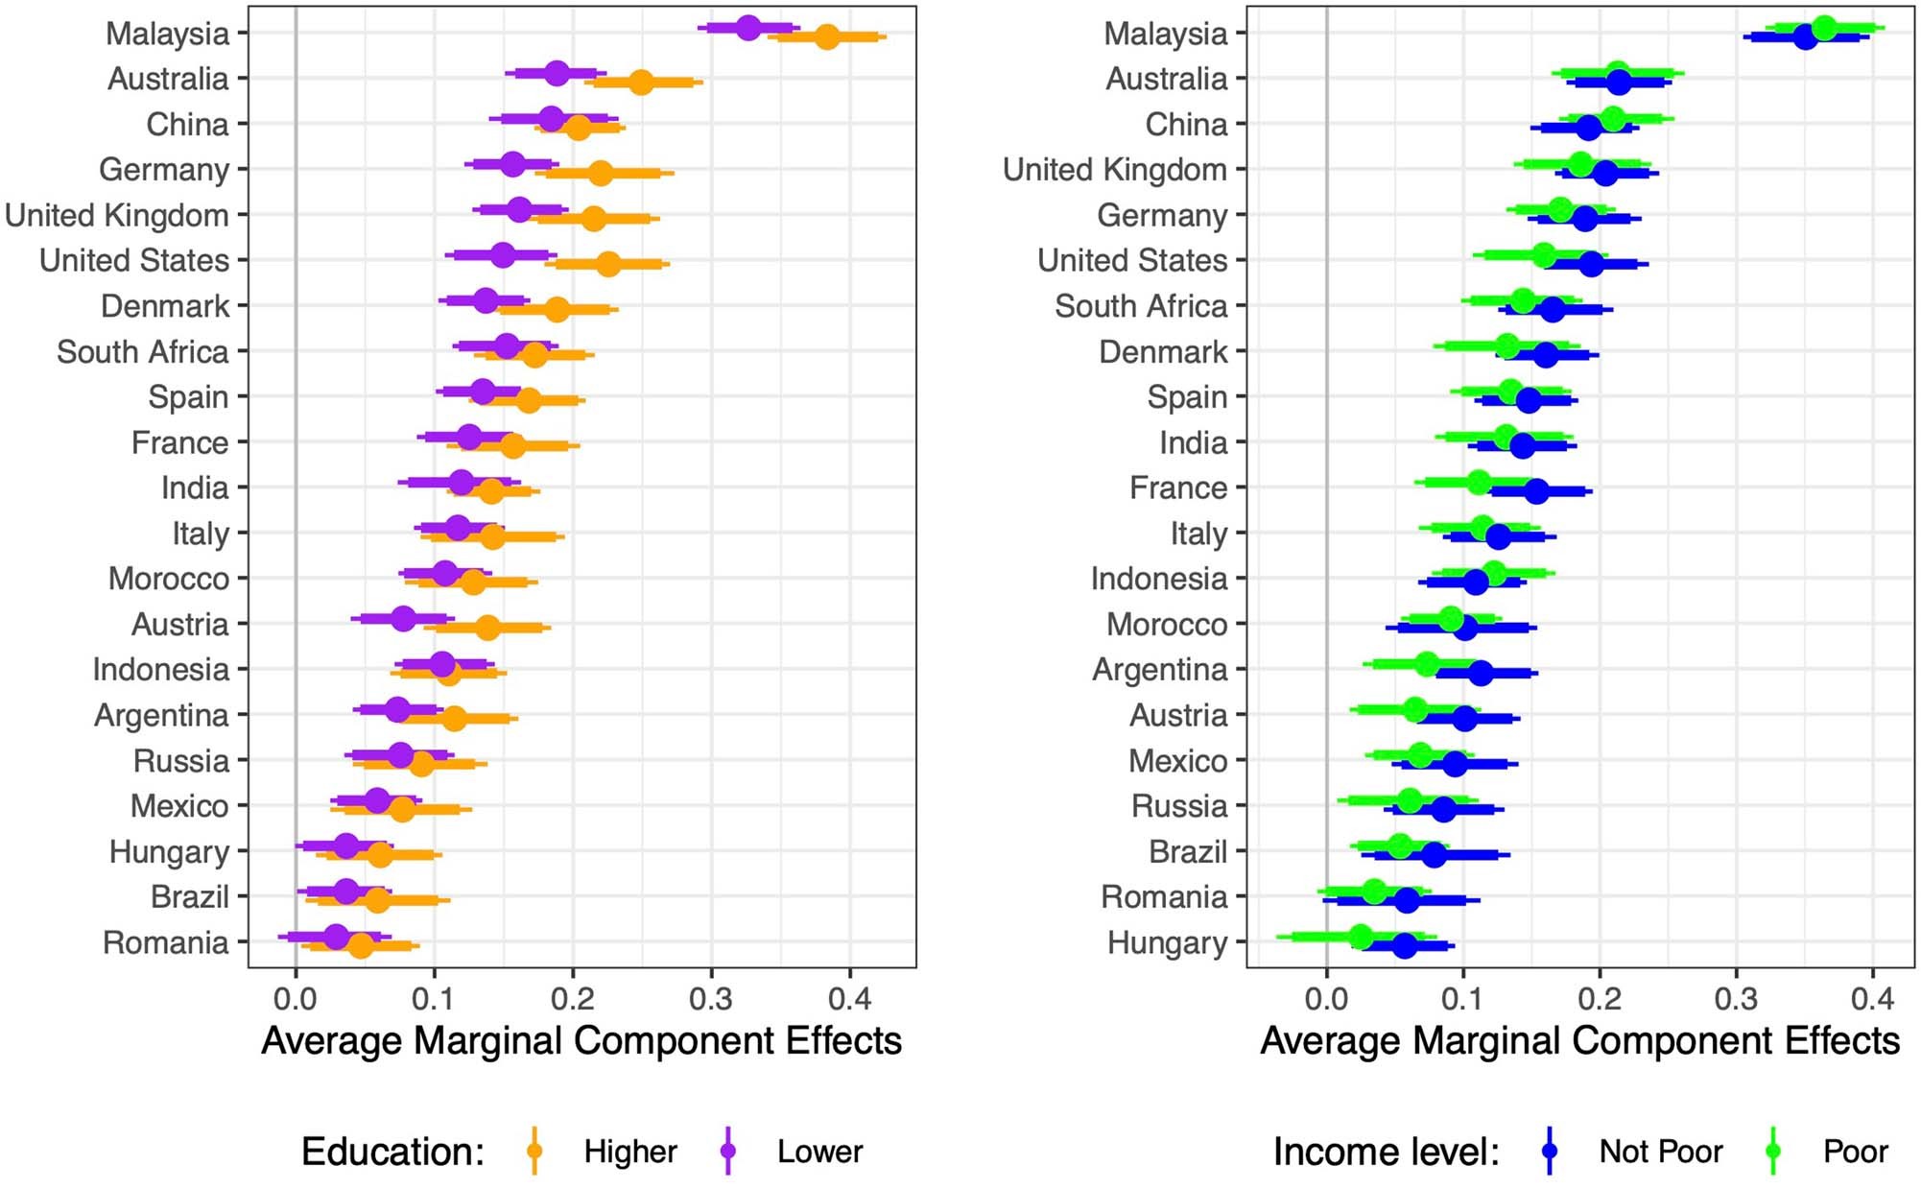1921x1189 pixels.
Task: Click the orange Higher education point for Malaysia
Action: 826,37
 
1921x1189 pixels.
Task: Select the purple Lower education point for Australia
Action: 557,72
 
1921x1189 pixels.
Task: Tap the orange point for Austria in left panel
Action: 487,628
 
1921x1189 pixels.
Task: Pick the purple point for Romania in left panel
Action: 336,936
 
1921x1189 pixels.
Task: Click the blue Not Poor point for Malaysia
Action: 1805,37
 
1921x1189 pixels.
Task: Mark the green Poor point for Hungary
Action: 1360,936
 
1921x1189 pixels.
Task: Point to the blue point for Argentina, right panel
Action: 1481,673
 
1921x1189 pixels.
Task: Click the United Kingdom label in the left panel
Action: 117,215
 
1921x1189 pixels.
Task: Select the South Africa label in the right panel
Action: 1141,306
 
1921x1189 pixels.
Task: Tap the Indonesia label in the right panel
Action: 1158,579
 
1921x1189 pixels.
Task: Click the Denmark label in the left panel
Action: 165,306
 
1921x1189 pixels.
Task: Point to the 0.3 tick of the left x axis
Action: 710,999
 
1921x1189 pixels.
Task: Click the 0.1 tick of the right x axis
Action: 1462,999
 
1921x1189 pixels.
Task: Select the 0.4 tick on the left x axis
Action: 849,999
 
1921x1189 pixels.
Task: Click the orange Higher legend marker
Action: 534,1151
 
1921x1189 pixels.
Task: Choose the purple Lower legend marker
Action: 728,1151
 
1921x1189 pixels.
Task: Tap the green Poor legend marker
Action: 1773,1151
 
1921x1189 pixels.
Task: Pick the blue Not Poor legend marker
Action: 1549,1151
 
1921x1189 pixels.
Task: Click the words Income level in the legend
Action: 1385,1152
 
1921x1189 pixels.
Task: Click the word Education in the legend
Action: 391,1152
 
